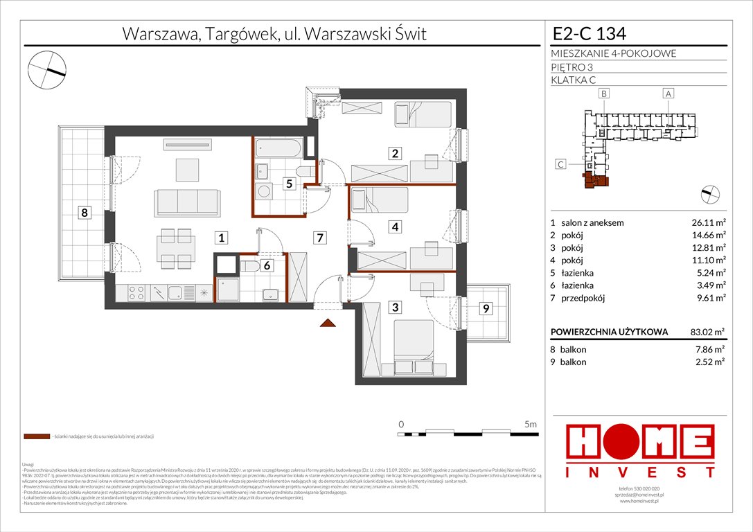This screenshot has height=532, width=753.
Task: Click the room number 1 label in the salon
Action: click(x=220, y=238)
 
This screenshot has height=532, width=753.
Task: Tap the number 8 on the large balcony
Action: click(x=84, y=213)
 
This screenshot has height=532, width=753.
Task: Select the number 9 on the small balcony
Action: click(x=486, y=309)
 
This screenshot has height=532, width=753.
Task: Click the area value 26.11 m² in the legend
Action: click(x=706, y=223)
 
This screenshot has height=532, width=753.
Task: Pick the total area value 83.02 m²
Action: click(x=706, y=332)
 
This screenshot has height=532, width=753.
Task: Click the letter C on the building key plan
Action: click(x=560, y=164)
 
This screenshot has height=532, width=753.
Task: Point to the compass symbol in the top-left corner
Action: click(x=46, y=69)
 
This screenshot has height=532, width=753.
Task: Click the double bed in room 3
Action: click(x=414, y=343)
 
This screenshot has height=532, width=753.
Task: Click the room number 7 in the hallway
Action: click(x=319, y=238)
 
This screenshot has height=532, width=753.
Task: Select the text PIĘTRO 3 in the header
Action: click(x=572, y=67)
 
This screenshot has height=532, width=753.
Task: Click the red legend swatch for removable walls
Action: click(x=36, y=437)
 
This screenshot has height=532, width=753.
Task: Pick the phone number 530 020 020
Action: click(x=641, y=489)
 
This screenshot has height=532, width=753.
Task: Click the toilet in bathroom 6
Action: click(x=250, y=265)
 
